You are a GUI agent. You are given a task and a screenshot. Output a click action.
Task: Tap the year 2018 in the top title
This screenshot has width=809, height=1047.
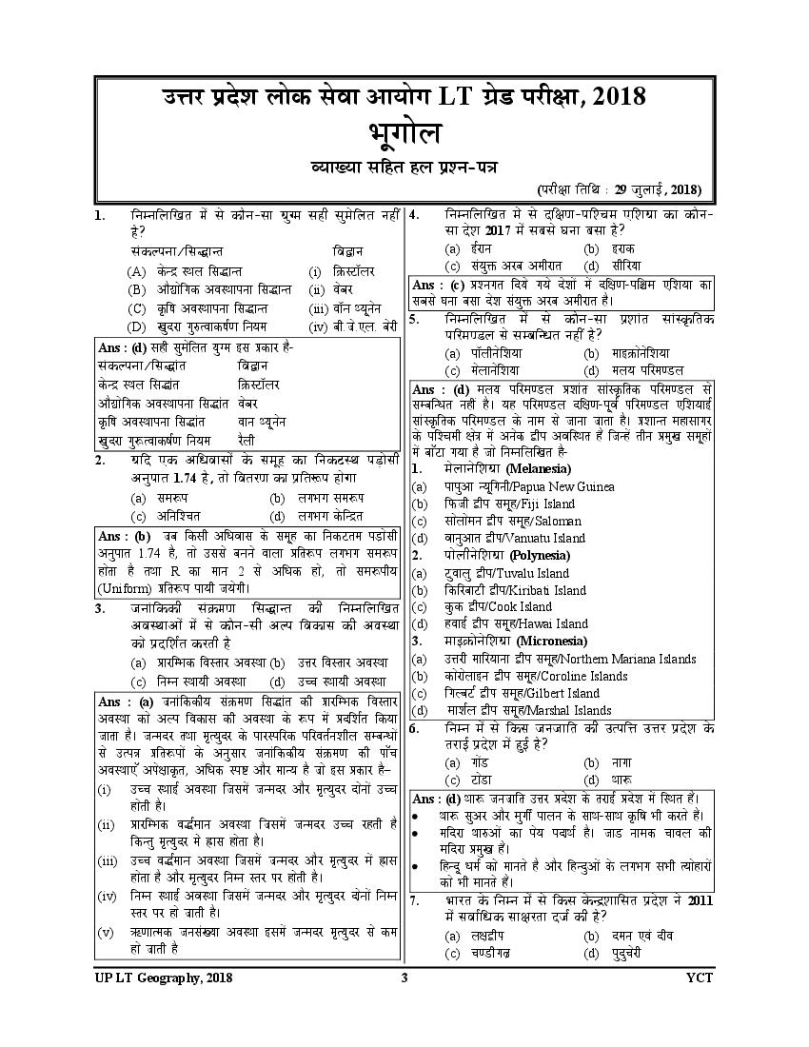[618, 97]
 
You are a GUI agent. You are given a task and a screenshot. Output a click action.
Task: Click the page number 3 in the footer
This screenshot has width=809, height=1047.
[404, 978]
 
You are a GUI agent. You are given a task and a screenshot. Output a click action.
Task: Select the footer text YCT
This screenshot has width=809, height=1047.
[699, 978]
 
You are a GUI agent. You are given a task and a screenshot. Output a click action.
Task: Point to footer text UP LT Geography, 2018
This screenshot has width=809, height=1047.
[163, 978]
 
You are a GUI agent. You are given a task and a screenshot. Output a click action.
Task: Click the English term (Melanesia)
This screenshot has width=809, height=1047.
[539, 469]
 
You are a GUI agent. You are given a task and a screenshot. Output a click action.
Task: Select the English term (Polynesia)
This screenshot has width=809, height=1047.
[537, 555]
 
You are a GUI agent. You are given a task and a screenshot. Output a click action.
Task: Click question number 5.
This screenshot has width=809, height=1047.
[414, 320]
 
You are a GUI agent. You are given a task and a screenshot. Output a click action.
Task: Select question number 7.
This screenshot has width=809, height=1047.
[414, 899]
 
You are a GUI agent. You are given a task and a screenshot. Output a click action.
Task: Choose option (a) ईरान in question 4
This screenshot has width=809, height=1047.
[460, 248]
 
